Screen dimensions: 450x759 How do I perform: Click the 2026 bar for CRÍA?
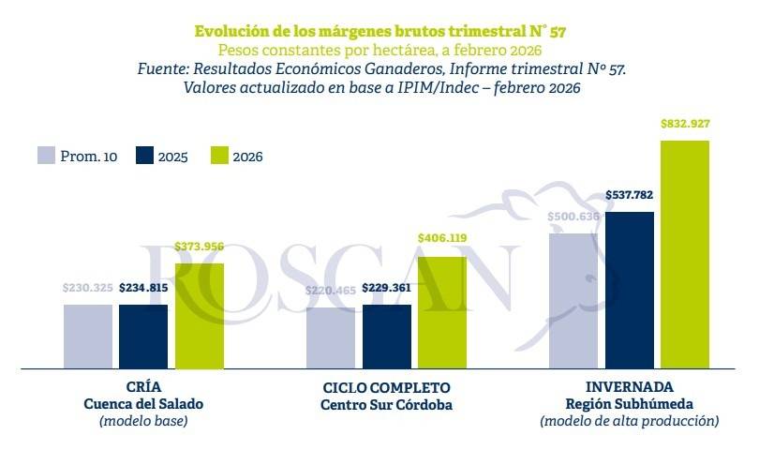point(200,315)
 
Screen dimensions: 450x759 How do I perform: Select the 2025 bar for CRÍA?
point(143,336)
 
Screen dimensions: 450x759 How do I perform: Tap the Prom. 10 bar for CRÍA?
point(87,336)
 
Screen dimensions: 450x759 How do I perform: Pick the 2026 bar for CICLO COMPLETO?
point(442,311)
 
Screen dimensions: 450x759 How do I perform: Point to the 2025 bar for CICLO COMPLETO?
point(386,336)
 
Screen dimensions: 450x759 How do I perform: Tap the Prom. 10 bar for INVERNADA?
point(573,300)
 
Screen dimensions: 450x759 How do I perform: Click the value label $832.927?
point(685,123)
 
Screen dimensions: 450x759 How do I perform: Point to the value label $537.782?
point(629,195)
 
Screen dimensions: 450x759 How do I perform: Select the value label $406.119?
point(442,239)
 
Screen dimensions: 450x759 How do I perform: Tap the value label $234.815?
point(143,288)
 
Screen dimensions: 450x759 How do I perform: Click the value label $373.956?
point(200,247)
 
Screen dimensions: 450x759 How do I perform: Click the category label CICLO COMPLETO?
point(386,387)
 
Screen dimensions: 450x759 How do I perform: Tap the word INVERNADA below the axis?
point(629,387)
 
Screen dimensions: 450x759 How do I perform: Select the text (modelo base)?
point(143,422)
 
